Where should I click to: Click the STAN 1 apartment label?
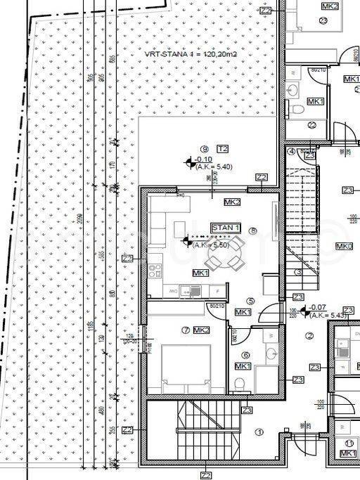pyautogui.click(x=226, y=228)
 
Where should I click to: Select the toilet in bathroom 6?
pyautogui.click(x=240, y=382)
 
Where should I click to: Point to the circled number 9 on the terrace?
pyautogui.click(x=204, y=148)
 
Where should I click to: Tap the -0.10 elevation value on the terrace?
pyautogui.click(x=205, y=160)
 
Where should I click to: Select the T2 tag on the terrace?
pyautogui.click(x=222, y=149)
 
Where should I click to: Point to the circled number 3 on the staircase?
pyautogui.click(x=298, y=271)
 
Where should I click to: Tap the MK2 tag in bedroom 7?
pyautogui.click(x=201, y=330)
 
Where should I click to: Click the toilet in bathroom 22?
pyautogui.click(x=298, y=109)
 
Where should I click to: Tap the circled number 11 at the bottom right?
pyautogui.click(x=349, y=443)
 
